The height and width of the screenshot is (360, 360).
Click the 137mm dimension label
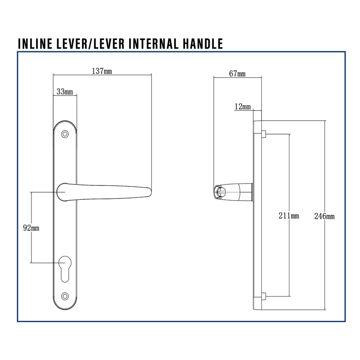click(x=102, y=71)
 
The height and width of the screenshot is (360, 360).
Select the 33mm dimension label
click(x=64, y=92)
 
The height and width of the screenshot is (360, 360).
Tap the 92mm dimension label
click(x=31, y=228)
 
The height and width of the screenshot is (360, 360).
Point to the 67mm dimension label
click(x=237, y=74)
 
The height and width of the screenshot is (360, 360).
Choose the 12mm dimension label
click(x=243, y=107)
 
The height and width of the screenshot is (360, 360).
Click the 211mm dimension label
click(x=288, y=216)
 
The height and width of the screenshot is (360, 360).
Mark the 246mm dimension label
click(x=324, y=216)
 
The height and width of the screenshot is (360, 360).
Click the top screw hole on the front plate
click(x=65, y=134)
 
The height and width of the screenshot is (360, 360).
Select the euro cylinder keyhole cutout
click(x=65, y=268)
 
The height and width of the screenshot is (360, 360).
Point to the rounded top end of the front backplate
click(x=65, y=124)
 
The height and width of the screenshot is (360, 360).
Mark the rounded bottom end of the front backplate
click(x=65, y=306)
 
